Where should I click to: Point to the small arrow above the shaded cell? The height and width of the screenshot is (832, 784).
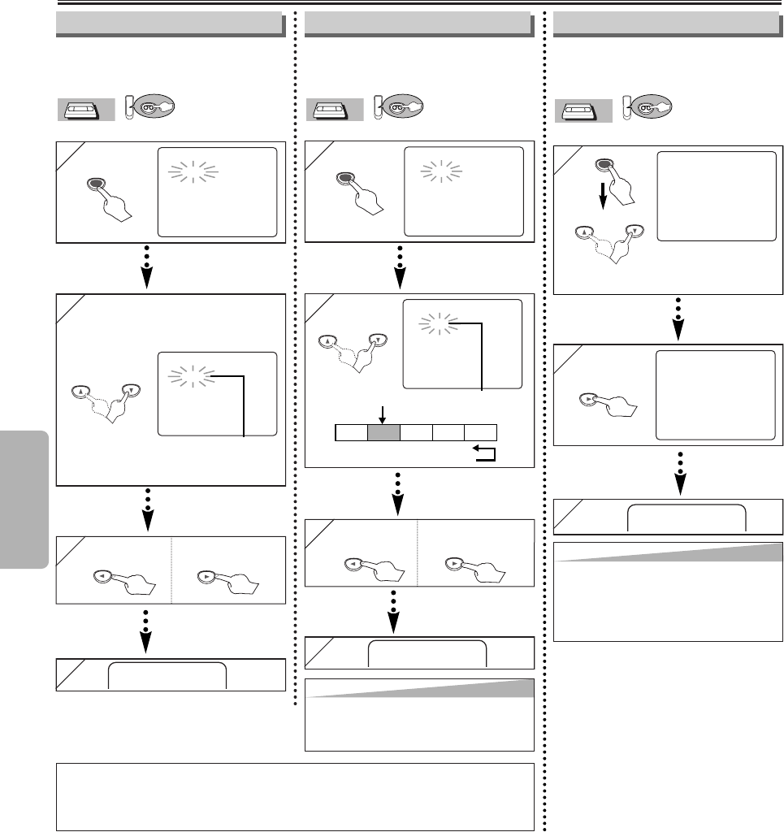pos(383,413)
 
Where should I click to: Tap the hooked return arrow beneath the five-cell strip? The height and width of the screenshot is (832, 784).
pos(483,453)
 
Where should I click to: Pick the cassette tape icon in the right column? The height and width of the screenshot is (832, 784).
pos(583,110)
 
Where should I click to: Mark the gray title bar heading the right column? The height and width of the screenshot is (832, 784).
pos(669,24)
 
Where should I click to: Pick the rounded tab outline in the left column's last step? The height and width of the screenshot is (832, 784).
pos(167,674)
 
